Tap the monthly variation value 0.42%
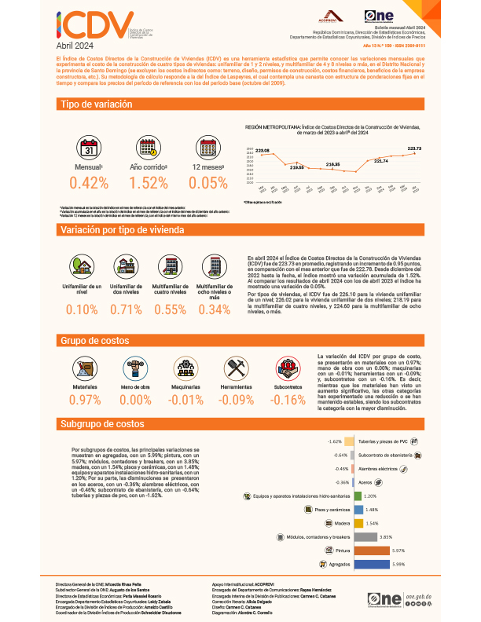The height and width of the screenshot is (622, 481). point(89,183)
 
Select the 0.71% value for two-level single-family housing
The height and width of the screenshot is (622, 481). point(126,308)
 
